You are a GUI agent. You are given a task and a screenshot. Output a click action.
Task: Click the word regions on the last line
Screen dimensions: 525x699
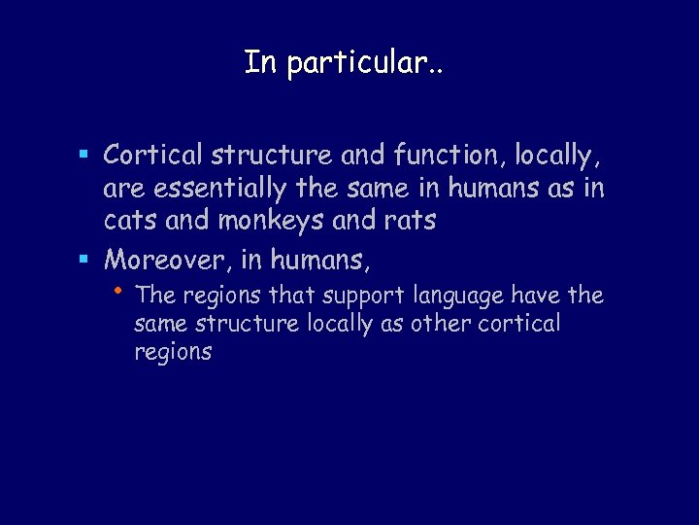click(x=173, y=353)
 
